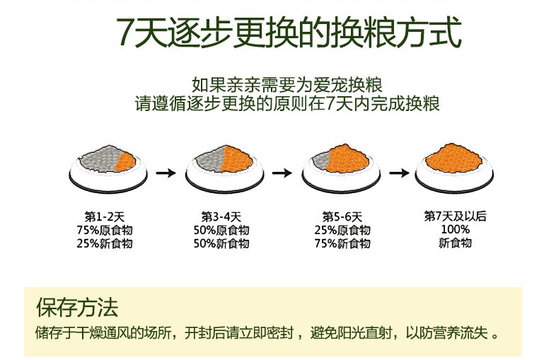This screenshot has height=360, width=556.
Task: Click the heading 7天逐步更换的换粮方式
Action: pos(289,33)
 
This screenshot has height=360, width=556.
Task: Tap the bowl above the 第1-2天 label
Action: pos(108,169)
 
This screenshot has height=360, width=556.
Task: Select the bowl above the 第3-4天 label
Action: pos(224,169)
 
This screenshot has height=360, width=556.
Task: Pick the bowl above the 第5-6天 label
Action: pos(341,169)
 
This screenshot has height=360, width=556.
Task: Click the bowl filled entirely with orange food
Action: pos(454,168)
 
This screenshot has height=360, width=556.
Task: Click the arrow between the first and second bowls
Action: pos(166,173)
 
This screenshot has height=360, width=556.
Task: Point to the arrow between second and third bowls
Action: pos(282,173)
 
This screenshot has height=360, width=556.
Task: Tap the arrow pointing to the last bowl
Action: pos(399,173)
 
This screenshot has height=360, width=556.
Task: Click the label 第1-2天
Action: pos(105,216)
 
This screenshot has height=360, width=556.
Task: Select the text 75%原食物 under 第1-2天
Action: pos(105,230)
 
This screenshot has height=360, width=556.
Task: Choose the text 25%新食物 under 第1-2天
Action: pos(105,244)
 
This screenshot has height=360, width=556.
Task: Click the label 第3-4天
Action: pos(221,216)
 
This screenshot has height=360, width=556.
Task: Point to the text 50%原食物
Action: pos(221,230)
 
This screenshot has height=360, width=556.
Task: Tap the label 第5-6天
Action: pos(342,216)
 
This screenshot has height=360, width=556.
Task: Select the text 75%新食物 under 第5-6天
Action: pos(342,244)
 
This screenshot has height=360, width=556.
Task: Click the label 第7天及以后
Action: pos(456,216)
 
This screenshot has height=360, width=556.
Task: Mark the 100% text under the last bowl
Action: pos(456,229)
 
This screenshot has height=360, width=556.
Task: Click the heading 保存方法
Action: pos(77,307)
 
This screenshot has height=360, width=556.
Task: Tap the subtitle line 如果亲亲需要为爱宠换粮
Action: pos(287,85)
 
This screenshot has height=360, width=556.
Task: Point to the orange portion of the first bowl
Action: pos(126,161)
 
